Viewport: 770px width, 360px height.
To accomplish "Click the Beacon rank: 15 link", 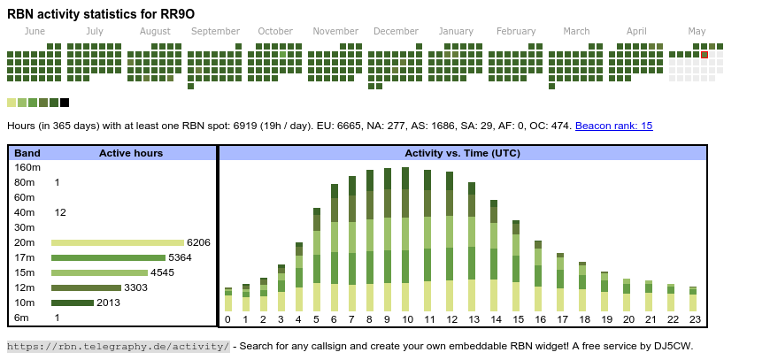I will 613,126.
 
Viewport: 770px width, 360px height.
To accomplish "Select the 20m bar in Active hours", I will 118,242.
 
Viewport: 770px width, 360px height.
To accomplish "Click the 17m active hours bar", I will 108,257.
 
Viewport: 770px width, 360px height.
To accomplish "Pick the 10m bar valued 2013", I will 73,303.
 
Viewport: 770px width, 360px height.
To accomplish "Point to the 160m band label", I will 27,167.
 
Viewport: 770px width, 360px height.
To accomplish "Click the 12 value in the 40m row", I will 60,212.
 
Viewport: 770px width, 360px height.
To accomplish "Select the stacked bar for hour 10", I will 406,239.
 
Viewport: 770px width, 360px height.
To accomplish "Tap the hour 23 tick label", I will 695,319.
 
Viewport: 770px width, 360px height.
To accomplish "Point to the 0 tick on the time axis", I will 227,319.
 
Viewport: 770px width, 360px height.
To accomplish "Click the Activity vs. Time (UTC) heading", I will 462,153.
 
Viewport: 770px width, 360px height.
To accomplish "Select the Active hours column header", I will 131,153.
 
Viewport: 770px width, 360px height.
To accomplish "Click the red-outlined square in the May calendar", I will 705,55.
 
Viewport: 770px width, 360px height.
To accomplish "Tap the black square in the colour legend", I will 65,103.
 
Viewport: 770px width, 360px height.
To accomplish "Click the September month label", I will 215,31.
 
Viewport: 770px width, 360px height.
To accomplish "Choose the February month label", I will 516,31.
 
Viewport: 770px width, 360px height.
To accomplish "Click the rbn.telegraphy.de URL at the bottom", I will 119,346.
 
